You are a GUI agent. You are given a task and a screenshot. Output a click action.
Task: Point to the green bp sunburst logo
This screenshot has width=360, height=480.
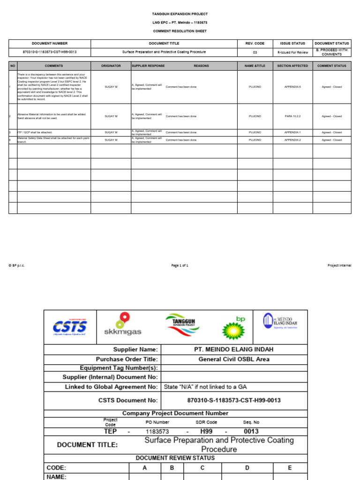coord(233,328)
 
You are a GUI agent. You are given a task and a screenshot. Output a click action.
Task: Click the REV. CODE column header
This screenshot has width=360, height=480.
coord(255,43)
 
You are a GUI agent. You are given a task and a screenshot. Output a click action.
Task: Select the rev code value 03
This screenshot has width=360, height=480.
coord(255,52)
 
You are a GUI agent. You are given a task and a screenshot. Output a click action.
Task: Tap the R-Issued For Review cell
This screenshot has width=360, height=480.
coord(292,52)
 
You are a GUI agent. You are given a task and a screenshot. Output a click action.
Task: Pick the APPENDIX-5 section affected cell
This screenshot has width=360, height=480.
coord(292,87)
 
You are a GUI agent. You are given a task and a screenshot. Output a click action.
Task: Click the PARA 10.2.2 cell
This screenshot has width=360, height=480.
coord(292,116)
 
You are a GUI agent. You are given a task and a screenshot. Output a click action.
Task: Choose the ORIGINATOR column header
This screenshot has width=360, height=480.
coord(111,66)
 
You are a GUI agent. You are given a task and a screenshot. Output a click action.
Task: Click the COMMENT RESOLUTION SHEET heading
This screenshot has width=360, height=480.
coord(180,31)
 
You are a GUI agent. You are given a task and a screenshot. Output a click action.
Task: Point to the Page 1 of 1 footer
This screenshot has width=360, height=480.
coord(180,265)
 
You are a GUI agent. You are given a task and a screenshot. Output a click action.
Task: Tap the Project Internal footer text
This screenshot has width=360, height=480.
coord(339,265)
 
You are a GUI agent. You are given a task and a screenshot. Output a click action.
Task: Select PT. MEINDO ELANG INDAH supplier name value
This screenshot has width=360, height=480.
coord(233,349)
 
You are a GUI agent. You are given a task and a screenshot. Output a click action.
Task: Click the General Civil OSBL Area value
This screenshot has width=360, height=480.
coord(233,360)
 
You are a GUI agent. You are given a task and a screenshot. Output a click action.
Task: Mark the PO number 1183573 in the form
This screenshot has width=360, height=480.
coord(157,431)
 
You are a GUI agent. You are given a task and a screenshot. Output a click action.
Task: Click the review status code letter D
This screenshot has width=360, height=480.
coord(247,468)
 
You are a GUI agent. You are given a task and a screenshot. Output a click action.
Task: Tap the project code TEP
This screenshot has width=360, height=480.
coord(110,431)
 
